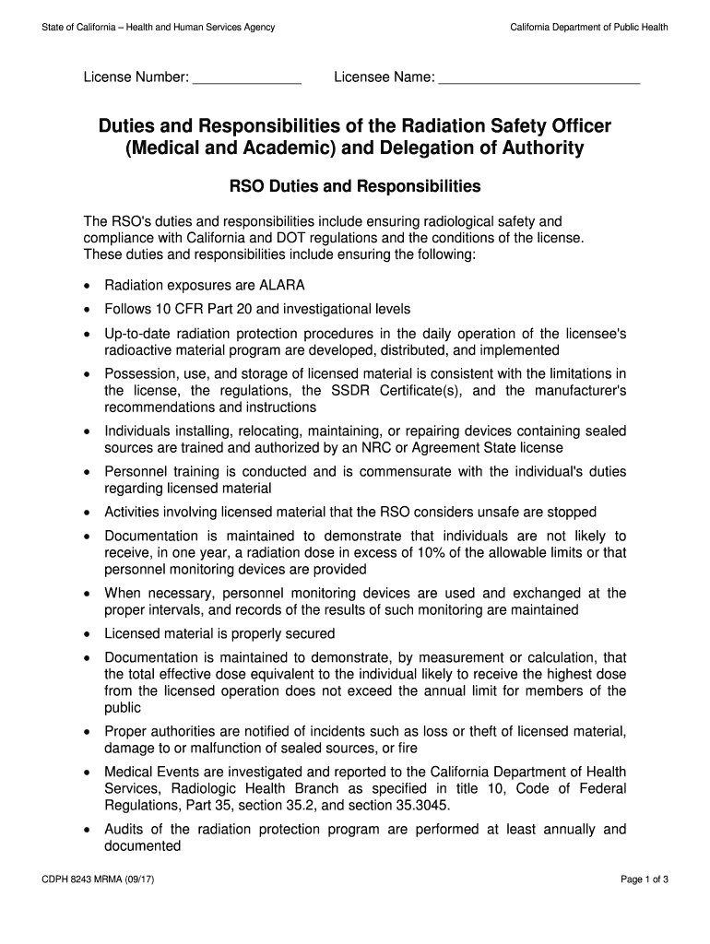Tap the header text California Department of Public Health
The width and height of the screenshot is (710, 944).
tap(589, 28)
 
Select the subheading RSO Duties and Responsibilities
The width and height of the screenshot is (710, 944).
tap(355, 186)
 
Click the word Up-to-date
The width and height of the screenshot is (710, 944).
tap(136, 334)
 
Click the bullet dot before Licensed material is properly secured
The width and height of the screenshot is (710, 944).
tap(87, 635)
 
